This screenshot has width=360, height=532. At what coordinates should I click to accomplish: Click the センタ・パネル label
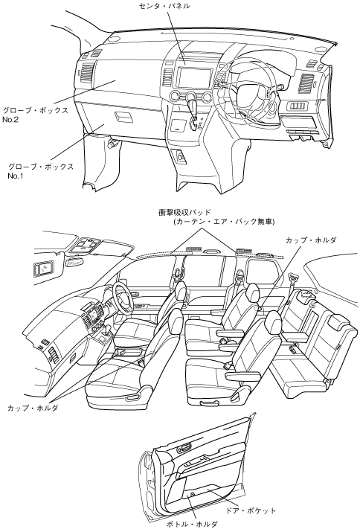164,6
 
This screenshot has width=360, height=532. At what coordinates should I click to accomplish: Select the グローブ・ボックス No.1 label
41,171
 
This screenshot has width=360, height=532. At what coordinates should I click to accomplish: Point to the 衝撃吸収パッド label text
184,213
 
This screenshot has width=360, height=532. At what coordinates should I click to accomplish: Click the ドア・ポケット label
251,510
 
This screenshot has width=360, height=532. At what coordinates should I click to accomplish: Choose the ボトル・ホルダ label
192,525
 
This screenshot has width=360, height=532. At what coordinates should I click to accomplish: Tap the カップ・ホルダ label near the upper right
311,240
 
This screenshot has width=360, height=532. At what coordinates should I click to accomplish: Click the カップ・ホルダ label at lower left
33,408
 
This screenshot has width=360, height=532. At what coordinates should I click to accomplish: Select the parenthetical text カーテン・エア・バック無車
224,222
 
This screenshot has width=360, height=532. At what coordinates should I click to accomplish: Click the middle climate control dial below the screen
191,97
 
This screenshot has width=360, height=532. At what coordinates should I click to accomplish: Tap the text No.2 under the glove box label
10,120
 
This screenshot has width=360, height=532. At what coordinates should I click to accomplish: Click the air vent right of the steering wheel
306,83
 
